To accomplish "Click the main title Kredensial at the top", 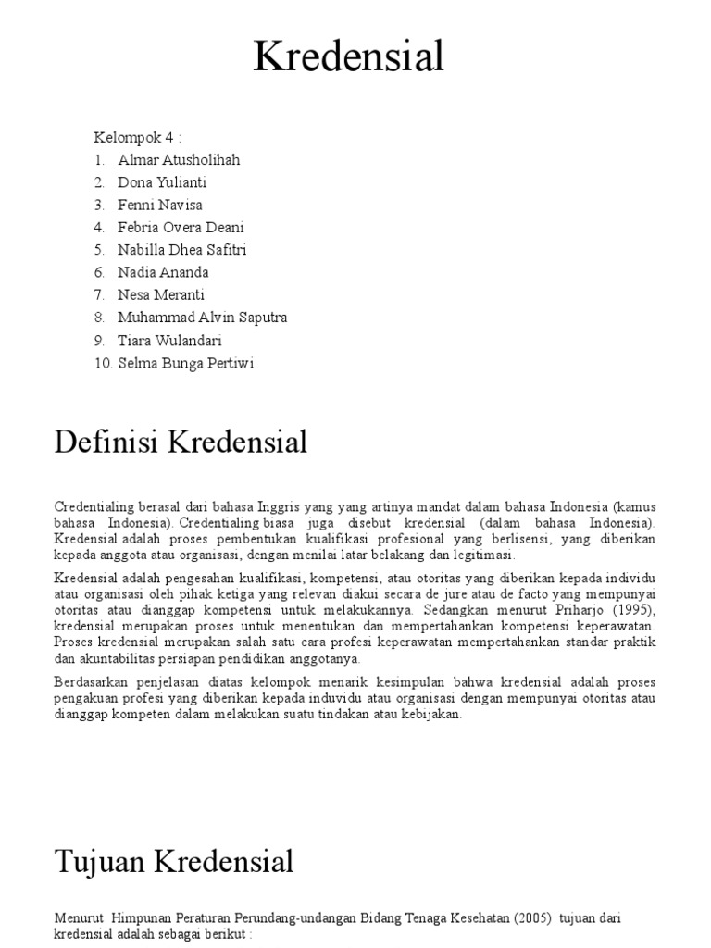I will (x=349, y=57).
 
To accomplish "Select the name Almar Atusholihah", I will (x=179, y=160).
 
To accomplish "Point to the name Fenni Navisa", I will (x=160, y=205).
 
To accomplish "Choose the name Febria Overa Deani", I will (x=181, y=228).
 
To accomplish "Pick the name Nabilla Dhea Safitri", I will (x=182, y=250).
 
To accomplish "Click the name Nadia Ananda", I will (x=164, y=272).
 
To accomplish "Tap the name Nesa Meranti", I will (x=161, y=294).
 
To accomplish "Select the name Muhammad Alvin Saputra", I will (x=203, y=318).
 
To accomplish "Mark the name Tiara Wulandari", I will (x=170, y=340).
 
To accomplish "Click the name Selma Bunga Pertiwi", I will (x=185, y=363).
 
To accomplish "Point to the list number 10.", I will (x=102, y=363).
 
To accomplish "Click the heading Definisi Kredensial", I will (x=181, y=443).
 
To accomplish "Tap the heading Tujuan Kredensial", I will (x=174, y=862).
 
